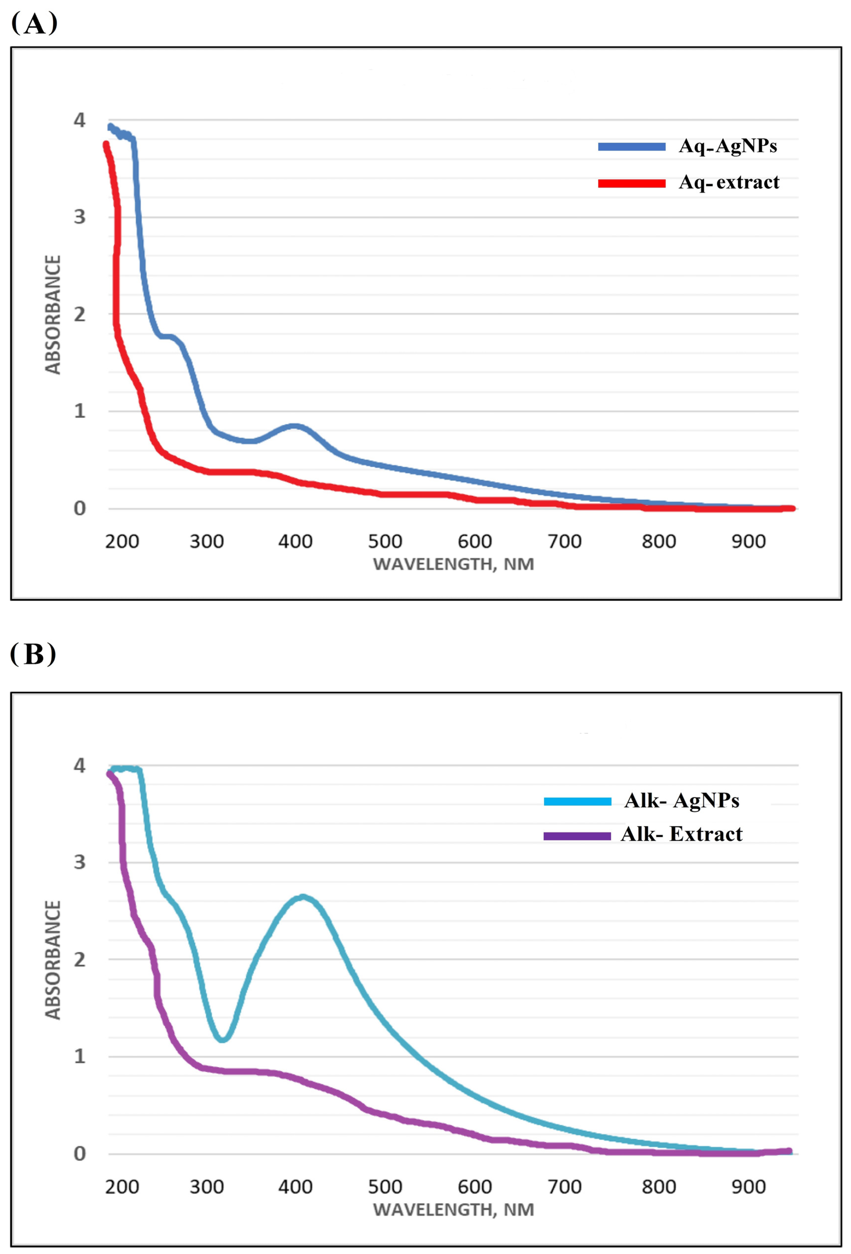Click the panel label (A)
34,24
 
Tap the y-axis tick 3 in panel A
80,217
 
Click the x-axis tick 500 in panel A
385,541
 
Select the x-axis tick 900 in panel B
748,1187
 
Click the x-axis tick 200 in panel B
122,1187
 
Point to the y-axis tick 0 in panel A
80,508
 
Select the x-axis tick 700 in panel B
564,1187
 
